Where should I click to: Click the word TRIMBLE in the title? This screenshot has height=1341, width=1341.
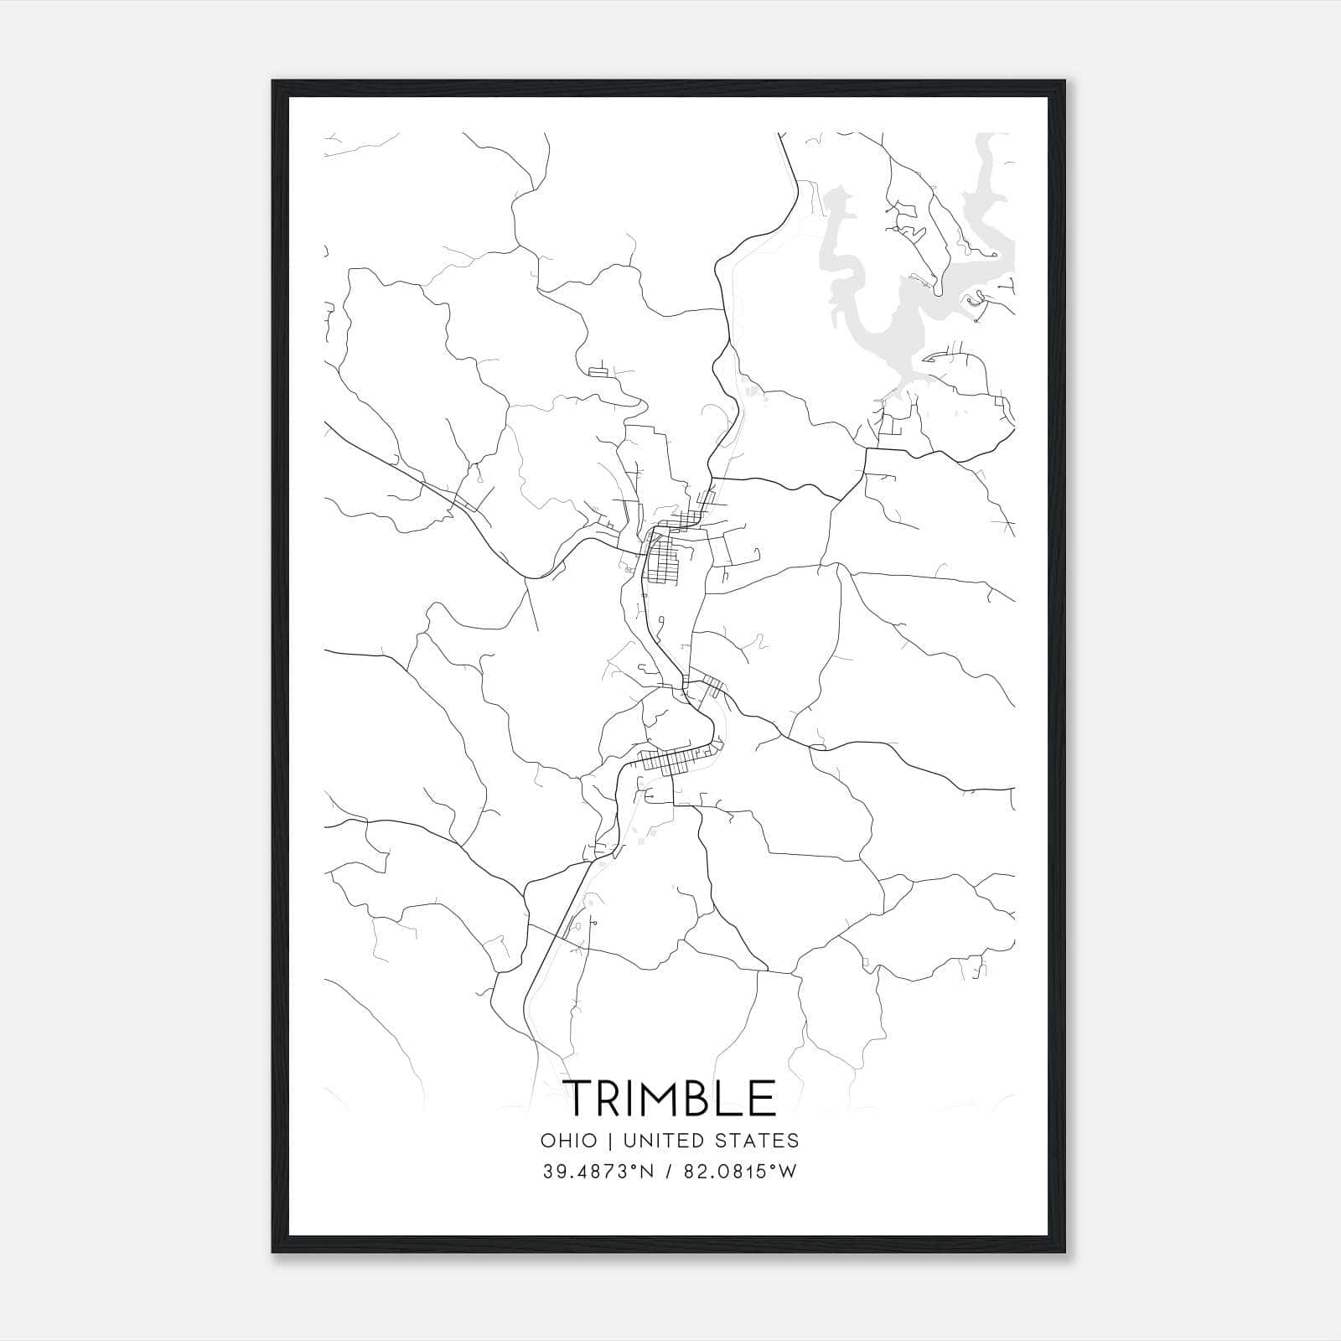coord(670,1099)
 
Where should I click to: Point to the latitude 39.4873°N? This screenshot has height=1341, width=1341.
coord(596,1172)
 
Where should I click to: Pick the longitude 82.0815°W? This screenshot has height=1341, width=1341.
coord(740,1172)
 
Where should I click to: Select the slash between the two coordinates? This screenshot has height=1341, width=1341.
coord(668,1172)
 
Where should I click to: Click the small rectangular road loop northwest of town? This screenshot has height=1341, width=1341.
coord(598,371)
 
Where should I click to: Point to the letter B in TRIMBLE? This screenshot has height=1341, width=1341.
coord(706,1099)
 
